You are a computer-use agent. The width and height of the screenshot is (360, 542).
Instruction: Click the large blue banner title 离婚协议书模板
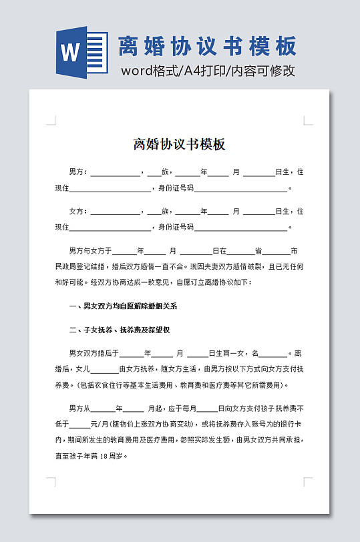coord(206,46)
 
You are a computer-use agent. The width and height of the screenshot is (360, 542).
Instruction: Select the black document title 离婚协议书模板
coord(180,145)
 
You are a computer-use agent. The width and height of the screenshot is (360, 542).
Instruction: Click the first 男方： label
coord(78,172)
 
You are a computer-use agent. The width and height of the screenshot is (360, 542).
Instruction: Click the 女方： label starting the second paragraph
coord(78,212)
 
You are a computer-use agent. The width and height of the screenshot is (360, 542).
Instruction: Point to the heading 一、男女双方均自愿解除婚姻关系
coord(123,306)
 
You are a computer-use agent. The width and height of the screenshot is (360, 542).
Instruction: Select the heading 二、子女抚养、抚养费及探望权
coord(120,330)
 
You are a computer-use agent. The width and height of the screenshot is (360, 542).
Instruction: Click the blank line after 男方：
coord(115,172)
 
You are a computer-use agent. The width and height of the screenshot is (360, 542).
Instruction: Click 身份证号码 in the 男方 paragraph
coord(176,188)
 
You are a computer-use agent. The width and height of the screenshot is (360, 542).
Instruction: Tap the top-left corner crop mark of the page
coord(51,121)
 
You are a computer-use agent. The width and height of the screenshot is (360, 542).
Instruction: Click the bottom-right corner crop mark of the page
coord(308,481)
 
